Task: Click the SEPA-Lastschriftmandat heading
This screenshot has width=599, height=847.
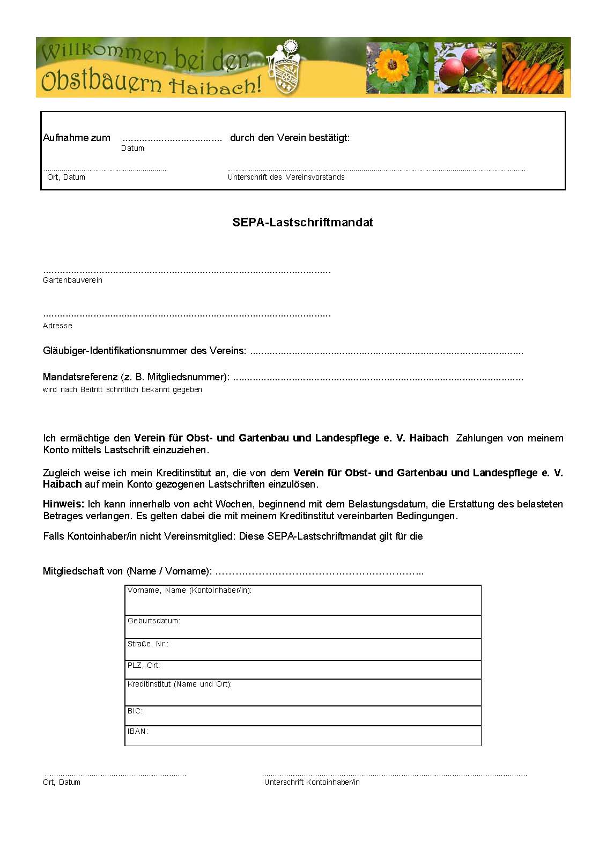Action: click(302, 222)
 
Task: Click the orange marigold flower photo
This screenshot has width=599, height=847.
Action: click(396, 68)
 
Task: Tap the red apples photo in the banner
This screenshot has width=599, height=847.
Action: click(465, 68)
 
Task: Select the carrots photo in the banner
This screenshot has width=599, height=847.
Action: click(533, 68)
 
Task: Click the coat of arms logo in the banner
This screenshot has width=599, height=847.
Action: click(284, 69)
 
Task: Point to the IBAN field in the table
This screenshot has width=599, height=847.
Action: click(303, 736)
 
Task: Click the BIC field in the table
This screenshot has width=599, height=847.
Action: click(303, 716)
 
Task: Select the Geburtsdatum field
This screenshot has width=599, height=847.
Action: click(303, 627)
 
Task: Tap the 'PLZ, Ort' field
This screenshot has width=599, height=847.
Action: click(303, 669)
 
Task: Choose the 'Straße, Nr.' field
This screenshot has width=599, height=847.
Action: click(303, 649)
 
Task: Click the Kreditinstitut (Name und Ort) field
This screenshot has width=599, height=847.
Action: click(303, 693)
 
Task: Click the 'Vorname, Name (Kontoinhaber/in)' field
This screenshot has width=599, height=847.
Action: click(303, 600)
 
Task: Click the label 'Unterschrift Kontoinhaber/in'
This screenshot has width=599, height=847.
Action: click(312, 782)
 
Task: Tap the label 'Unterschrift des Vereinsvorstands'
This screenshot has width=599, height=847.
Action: click(286, 177)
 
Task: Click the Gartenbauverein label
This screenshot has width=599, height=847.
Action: click(72, 280)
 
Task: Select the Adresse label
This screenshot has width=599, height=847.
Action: click(57, 326)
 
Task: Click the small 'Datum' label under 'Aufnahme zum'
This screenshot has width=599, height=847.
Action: click(132, 149)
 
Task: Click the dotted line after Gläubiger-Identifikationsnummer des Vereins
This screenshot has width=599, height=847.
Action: click(386, 352)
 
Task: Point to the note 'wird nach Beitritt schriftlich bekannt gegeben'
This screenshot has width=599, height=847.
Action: click(122, 390)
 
